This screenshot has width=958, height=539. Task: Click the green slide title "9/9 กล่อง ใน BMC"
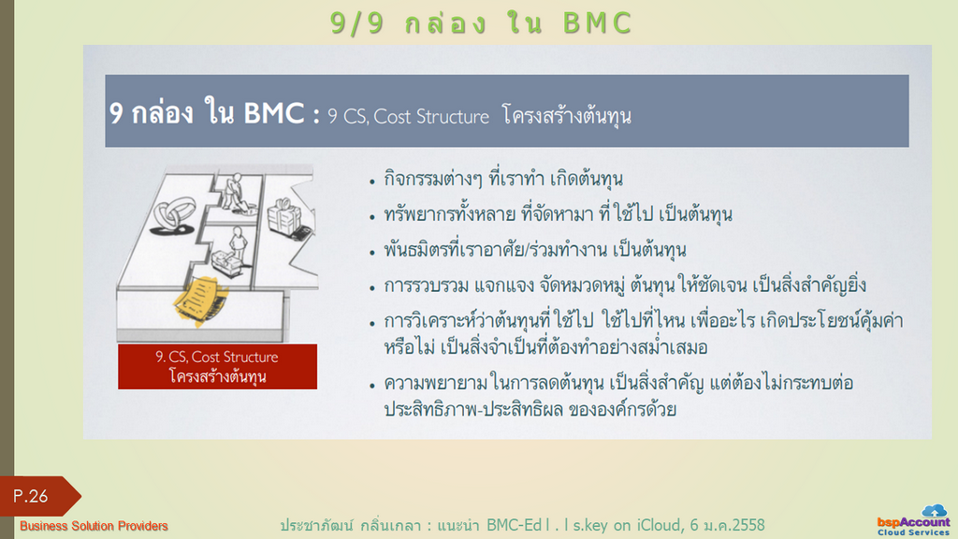481,23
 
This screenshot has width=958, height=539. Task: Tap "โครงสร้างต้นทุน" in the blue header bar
566,115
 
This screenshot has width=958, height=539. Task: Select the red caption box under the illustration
217,367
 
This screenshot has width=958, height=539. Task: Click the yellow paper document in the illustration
200,299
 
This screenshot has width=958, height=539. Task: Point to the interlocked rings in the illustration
175,215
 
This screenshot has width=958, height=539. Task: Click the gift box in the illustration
284,216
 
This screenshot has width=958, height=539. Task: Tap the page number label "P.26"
31,496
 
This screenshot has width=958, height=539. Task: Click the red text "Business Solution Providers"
94,526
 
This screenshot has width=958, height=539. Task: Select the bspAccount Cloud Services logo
913,520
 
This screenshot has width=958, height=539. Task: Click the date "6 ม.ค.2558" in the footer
727,525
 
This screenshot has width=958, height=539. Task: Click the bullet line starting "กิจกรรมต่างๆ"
502,179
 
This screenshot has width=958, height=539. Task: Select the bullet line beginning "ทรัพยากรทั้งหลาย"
558,214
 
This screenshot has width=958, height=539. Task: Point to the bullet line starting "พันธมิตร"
534,249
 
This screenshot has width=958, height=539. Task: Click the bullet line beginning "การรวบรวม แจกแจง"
624,285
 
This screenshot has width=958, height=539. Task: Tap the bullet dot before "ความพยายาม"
372,386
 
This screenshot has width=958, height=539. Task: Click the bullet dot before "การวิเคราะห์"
372,323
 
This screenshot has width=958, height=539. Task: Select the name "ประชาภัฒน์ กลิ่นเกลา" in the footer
350,525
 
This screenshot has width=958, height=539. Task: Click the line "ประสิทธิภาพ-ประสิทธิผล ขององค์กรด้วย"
530,409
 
